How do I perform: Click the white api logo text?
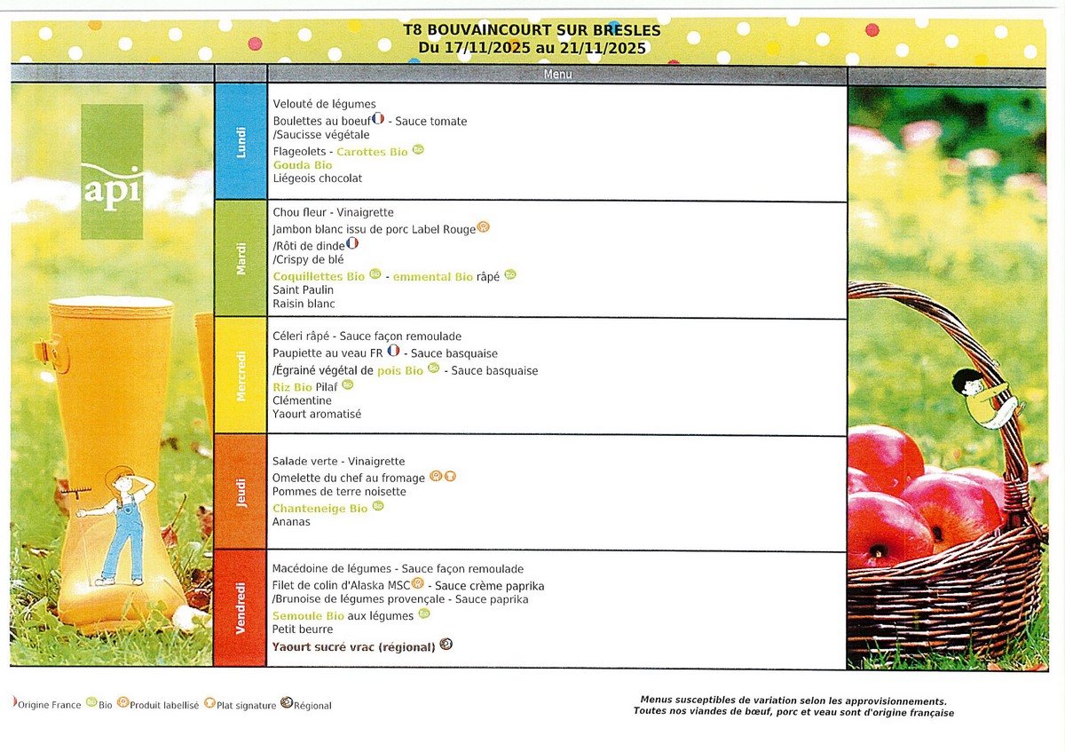click(x=112, y=189)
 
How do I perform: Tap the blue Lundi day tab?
click(x=241, y=143)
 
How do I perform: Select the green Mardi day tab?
click(x=241, y=259)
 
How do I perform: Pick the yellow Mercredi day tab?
click(x=241, y=376)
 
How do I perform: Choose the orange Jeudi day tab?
click(x=241, y=493)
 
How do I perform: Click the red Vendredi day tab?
click(x=241, y=609)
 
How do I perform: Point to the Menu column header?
click(x=557, y=75)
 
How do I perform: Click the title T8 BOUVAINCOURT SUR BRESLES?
click(x=532, y=30)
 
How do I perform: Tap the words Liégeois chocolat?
click(x=318, y=178)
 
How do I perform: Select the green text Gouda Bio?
click(x=303, y=165)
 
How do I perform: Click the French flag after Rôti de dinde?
click(x=352, y=242)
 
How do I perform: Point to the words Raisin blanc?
click(x=304, y=304)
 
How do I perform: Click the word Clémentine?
click(x=303, y=400)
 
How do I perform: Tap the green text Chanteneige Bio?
click(x=319, y=509)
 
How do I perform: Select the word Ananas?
click(x=291, y=522)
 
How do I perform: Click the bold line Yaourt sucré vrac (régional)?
click(x=354, y=647)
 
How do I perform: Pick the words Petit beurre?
click(x=303, y=629)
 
